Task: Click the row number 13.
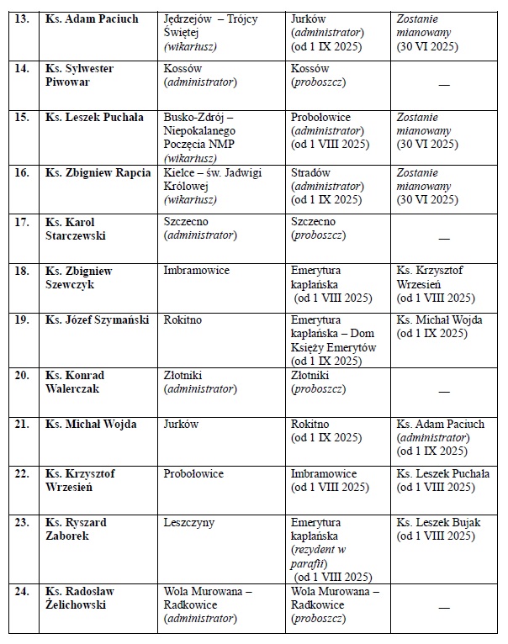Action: click(23, 18)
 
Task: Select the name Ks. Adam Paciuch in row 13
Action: click(90, 18)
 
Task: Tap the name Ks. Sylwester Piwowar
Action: click(80, 75)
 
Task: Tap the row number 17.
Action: click(23, 222)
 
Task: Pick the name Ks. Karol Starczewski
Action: click(76, 229)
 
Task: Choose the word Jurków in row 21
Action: click(182, 425)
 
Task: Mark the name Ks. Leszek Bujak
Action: click(438, 523)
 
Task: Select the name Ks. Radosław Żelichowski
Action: click(80, 598)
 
